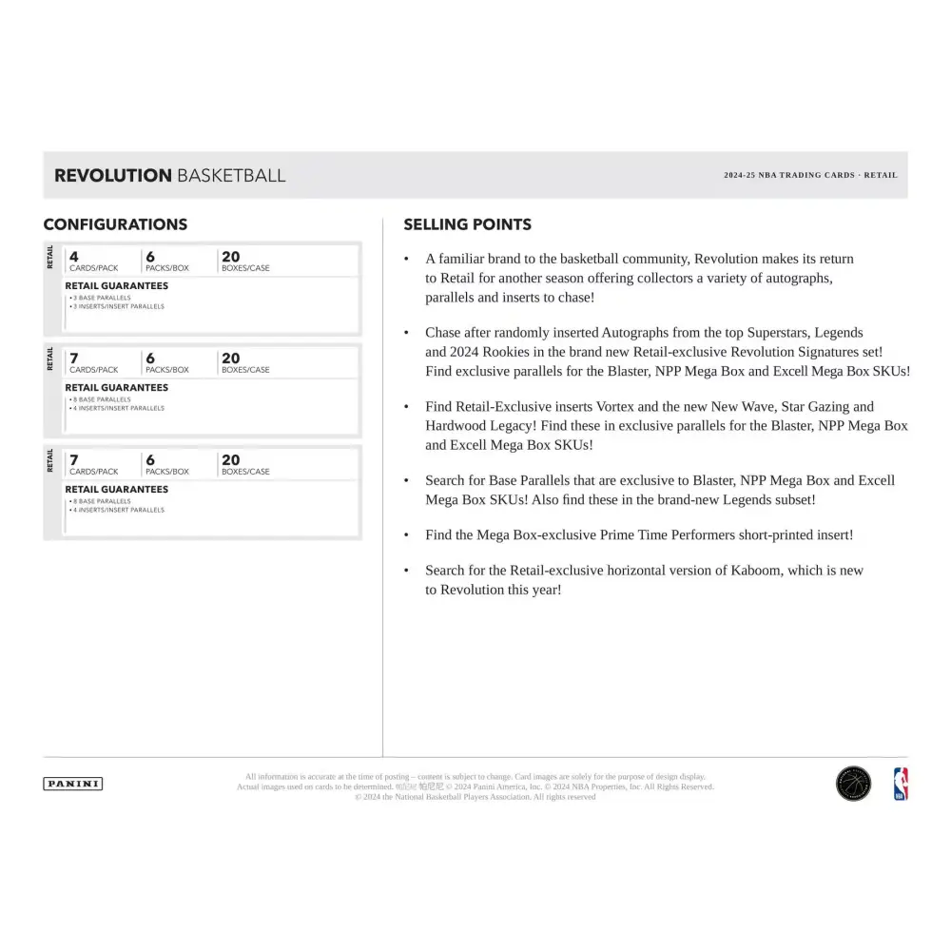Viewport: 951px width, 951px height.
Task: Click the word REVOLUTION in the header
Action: [x=112, y=175]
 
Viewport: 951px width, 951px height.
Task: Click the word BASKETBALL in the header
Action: [x=230, y=175]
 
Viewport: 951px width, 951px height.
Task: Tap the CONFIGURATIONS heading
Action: [x=115, y=224]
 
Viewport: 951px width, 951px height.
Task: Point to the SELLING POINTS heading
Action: [x=467, y=224]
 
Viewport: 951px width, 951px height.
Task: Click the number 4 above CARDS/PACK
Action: [x=74, y=256]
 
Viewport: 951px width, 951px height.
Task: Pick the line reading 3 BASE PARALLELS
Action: [x=101, y=298]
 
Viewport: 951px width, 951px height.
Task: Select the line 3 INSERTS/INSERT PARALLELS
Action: [x=116, y=306]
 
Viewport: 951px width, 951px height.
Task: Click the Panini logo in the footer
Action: [x=73, y=784]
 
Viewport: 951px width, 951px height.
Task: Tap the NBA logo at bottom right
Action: [x=900, y=784]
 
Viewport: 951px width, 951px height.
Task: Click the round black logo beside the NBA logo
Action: [x=853, y=784]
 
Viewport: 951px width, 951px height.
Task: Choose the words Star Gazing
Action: [x=812, y=407]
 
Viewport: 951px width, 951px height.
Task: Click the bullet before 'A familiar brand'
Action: [x=406, y=259]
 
